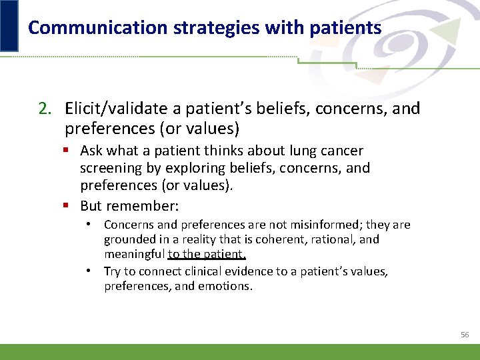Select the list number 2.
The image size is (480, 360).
(43, 108)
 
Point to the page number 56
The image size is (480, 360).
(465, 334)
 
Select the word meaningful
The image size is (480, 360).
(134, 253)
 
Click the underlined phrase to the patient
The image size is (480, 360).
(207, 253)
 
